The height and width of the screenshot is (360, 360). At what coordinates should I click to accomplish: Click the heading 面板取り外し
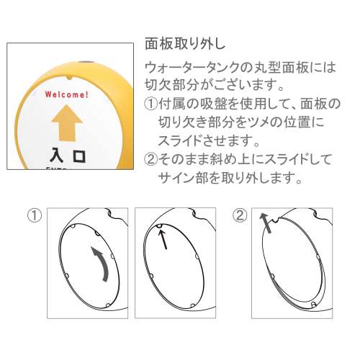coord(185,44)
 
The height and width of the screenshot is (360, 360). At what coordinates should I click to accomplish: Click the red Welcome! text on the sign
coord(67,94)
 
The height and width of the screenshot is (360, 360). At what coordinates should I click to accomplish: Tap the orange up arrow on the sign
coord(67,122)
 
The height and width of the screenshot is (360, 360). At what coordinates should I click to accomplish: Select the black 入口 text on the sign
coord(68,156)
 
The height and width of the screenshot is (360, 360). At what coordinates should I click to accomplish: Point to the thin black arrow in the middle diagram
coord(163,240)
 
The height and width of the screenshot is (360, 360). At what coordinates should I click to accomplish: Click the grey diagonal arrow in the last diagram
coord(266,223)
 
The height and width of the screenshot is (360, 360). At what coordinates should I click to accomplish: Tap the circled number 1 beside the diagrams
coord(35,215)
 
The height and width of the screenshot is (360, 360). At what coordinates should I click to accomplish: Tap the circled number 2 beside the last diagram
coord(240,215)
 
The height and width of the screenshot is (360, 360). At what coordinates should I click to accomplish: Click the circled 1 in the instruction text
coord(151,104)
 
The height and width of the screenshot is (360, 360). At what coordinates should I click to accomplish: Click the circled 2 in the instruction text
coord(151,159)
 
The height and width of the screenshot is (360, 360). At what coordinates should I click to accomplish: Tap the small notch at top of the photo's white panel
coord(69,78)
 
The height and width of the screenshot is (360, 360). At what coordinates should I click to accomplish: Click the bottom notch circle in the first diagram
coord(108,305)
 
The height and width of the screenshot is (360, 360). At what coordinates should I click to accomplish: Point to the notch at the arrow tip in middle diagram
coord(159,225)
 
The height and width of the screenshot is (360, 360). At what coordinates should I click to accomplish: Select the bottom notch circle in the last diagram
coord(313,305)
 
